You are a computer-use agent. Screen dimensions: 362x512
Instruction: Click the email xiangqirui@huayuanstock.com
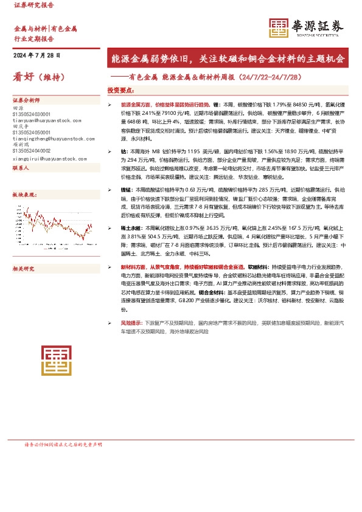pyautogui.click(x=48, y=159)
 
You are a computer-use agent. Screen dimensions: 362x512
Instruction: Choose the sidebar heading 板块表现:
pyautogui.click(x=25, y=195)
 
